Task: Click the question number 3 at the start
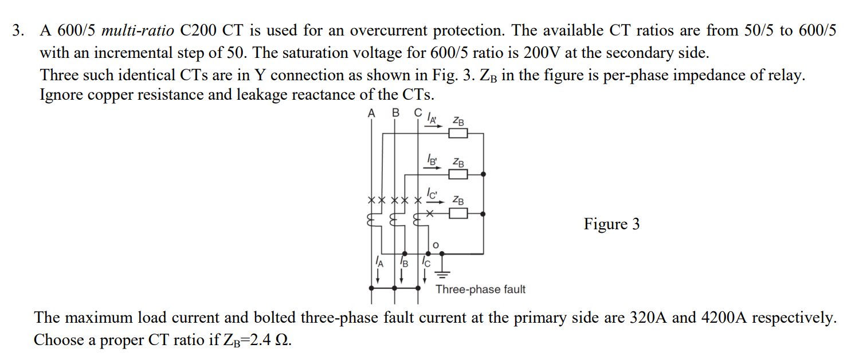[19, 31]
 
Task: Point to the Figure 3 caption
[611, 224]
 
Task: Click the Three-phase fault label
[480, 289]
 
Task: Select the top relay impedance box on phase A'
[458, 134]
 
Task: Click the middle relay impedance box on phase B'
[458, 174]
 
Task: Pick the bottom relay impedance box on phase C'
[458, 214]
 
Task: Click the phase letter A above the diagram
[371, 113]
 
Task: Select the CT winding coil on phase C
[417, 221]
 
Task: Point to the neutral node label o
[436, 245]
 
